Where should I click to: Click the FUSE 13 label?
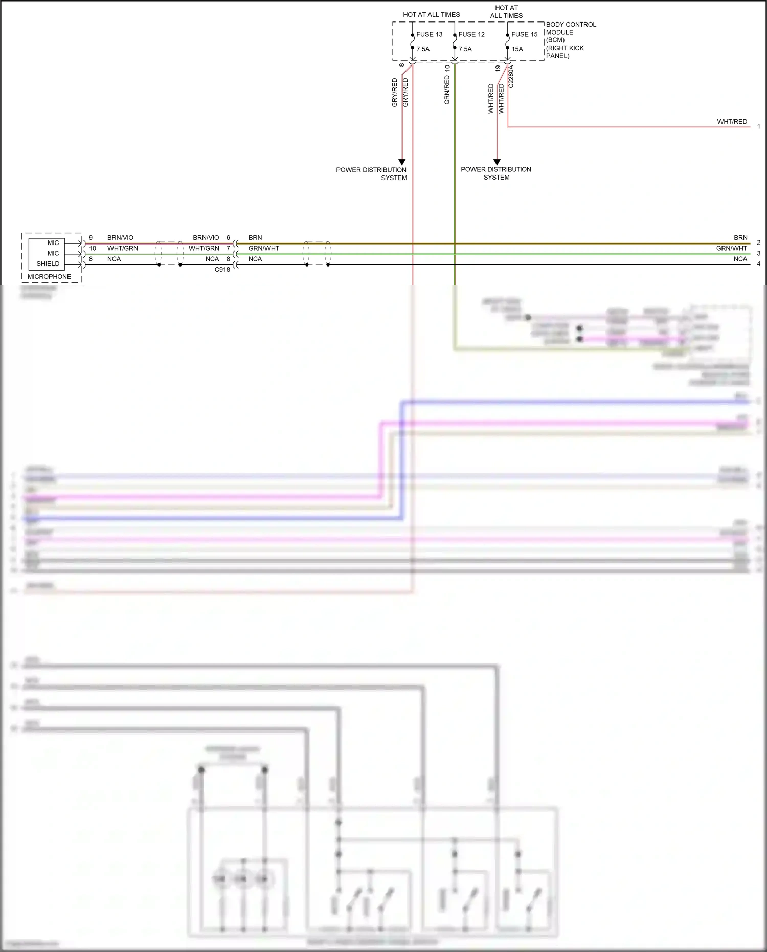pos(429,34)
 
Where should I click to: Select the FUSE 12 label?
pos(471,34)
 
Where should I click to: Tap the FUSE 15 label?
pos(524,34)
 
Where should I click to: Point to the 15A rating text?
pos(517,49)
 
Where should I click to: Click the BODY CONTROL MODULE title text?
pos(570,28)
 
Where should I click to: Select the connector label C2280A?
pos(511,77)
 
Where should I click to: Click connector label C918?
pos(222,270)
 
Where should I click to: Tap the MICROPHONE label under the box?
pos(49,277)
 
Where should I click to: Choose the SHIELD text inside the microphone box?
pos(48,264)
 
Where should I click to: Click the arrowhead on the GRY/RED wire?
pos(402,162)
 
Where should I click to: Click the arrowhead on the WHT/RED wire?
pos(497,162)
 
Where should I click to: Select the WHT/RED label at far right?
pos(732,122)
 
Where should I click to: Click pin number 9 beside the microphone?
pos(91,238)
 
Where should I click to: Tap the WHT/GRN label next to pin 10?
pos(122,248)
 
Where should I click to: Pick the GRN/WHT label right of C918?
pos(263,248)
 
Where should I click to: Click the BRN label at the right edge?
pos(740,238)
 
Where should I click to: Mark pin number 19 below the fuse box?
pos(498,68)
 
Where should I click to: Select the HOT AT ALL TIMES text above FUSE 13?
pos(431,15)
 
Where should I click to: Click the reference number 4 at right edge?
pos(758,264)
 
